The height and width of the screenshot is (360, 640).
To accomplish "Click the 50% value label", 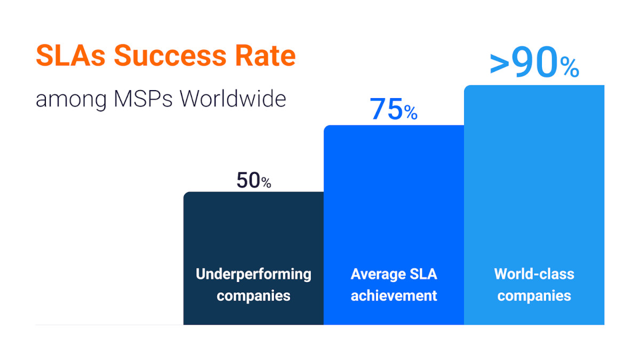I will click(x=254, y=181).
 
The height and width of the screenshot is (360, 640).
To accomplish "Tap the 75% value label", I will click(x=394, y=109).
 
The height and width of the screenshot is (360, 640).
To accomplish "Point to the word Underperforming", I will click(x=253, y=274).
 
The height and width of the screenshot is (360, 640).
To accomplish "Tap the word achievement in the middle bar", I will click(x=394, y=295).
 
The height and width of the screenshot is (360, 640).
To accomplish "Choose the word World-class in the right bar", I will click(x=534, y=274).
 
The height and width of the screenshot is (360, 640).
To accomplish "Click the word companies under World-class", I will click(x=534, y=295).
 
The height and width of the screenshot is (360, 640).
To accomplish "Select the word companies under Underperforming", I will click(x=253, y=295).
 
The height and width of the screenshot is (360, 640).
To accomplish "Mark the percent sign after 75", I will click(x=410, y=113).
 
